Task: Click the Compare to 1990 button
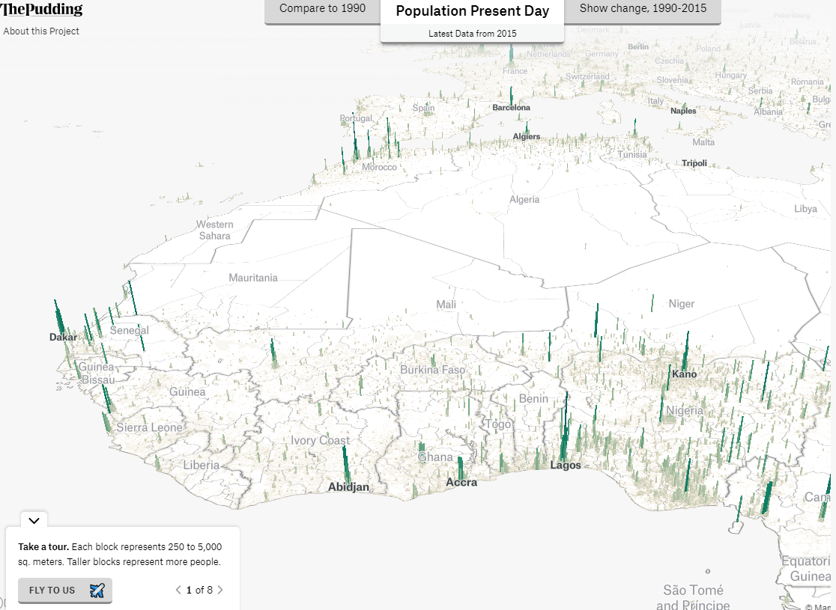tap(322, 10)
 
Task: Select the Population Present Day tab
tap(472, 12)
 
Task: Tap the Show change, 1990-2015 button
tap(643, 10)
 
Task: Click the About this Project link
tap(41, 31)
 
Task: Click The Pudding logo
tap(41, 10)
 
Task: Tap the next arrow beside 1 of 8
tap(220, 590)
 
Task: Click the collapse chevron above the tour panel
tap(34, 520)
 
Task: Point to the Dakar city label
tap(63, 338)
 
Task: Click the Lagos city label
tap(566, 465)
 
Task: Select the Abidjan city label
tap(348, 487)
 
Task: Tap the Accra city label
tap(461, 482)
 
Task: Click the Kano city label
tap(684, 374)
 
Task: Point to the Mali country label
tap(446, 305)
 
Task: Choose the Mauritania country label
tap(253, 278)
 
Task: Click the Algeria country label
tap(524, 200)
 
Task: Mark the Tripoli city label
tap(694, 163)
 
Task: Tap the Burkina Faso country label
tap(432, 370)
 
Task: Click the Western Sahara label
tap(215, 230)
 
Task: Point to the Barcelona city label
tap(511, 108)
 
